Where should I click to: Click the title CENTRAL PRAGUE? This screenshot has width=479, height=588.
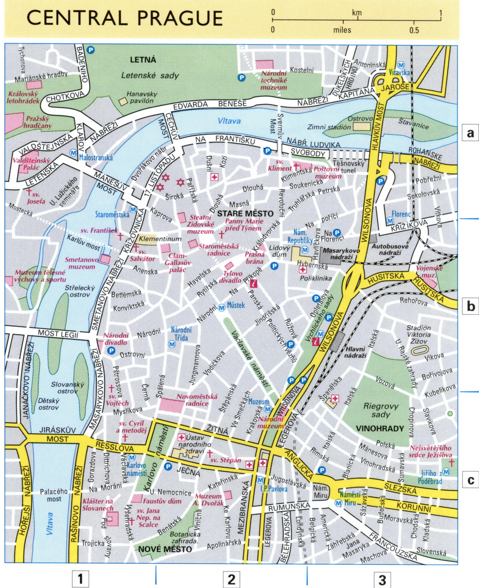(x=125, y=18)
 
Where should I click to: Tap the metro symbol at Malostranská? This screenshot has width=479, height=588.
(x=73, y=152)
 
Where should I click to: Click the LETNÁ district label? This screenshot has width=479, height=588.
(x=143, y=60)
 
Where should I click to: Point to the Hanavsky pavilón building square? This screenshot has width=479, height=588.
(x=123, y=101)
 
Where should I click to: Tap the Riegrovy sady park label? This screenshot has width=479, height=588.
(x=381, y=410)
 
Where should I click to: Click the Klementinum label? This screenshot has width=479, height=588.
(x=160, y=239)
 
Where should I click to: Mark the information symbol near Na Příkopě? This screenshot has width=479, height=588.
(x=253, y=283)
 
